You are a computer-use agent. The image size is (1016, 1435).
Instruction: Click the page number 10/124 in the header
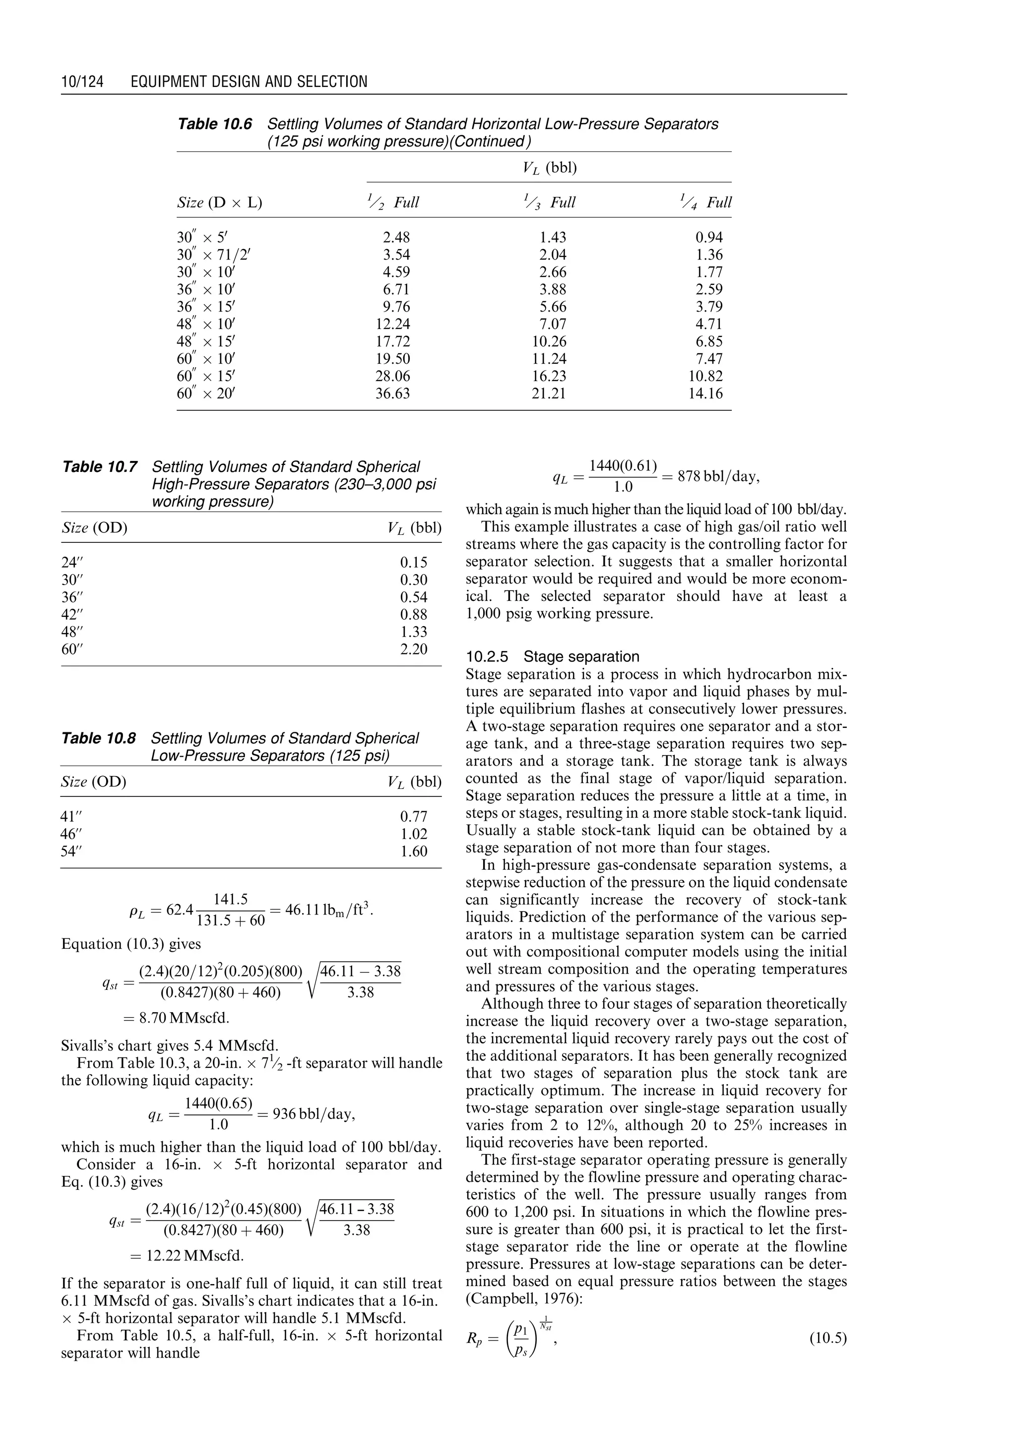coord(82,81)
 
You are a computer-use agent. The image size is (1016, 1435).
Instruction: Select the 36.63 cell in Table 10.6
coord(392,393)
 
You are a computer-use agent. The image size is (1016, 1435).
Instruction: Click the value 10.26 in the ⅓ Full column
coord(549,342)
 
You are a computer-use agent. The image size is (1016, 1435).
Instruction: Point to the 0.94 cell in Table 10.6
coord(709,238)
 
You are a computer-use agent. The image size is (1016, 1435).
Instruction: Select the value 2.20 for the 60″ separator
coord(414,650)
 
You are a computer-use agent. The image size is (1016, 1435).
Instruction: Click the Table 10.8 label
coord(98,738)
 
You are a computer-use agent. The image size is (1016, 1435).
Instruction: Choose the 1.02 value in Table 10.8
coord(414,834)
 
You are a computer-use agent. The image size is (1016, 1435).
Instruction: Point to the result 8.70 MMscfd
coord(177,1018)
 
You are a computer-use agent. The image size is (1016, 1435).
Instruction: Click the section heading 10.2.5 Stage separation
coord(553,656)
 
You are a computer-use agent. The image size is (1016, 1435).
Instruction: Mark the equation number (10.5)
coord(827,1339)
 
